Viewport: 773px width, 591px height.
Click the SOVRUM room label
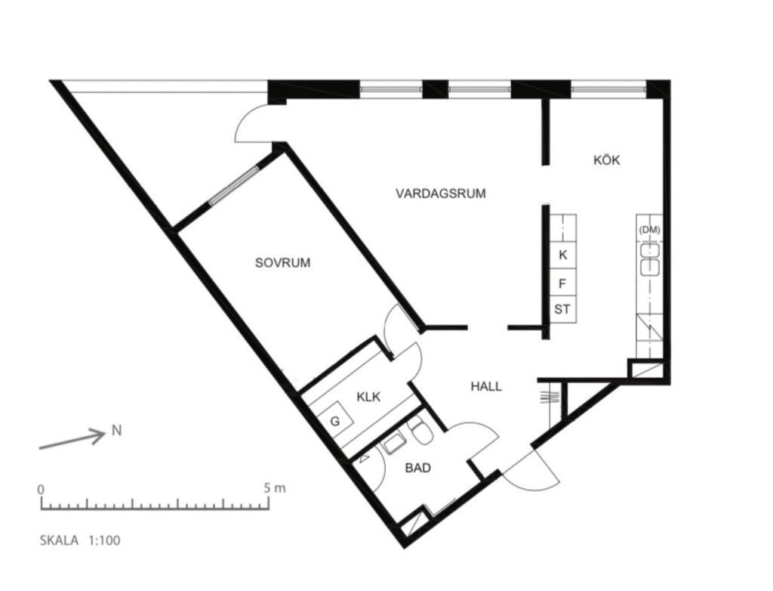click(x=283, y=263)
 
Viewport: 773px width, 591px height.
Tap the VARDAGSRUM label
click(x=441, y=193)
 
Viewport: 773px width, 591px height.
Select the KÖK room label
click(x=606, y=160)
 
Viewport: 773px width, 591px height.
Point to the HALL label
click(x=486, y=386)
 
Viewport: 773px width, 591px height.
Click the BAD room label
click(x=417, y=469)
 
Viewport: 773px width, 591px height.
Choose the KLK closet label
click(x=368, y=396)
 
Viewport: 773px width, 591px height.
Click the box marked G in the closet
click(x=334, y=422)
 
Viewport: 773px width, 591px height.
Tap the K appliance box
click(x=562, y=255)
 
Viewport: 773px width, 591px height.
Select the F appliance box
click(x=562, y=283)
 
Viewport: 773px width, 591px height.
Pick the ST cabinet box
click(x=562, y=309)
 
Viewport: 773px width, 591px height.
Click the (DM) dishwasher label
click(x=649, y=230)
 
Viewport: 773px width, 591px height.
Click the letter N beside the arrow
click(x=116, y=432)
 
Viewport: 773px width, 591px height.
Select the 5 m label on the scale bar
click(x=276, y=488)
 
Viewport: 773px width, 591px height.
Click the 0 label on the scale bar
click(x=42, y=489)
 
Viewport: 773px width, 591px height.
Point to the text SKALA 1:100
click(x=80, y=540)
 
